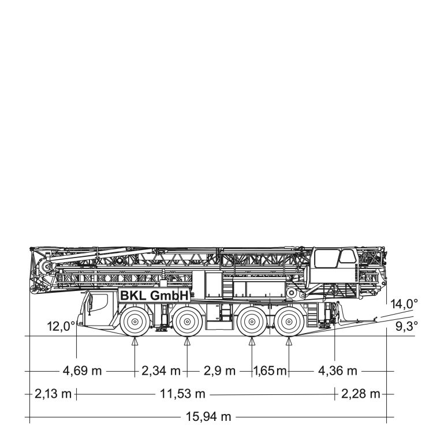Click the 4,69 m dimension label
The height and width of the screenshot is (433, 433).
[x=83, y=371]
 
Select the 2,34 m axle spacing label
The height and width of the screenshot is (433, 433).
[x=161, y=371]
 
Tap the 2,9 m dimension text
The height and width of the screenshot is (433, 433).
[x=219, y=371]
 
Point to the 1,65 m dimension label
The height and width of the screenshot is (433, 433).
[x=270, y=371]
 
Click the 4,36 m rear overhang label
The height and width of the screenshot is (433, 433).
[x=338, y=371]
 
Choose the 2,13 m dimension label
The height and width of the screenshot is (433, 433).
[x=53, y=394]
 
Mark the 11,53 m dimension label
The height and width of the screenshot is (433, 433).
[x=183, y=394]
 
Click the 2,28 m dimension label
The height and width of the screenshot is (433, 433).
[x=361, y=394]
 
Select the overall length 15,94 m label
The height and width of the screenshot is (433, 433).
[x=208, y=416]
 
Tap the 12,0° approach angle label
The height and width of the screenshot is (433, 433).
[x=61, y=326]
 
